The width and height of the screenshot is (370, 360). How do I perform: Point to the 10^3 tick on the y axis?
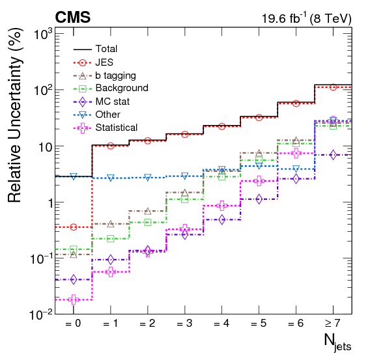pyautogui.click(x=40, y=35)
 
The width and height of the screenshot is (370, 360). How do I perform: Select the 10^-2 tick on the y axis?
pyautogui.click(x=38, y=314)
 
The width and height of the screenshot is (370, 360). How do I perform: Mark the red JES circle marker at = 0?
pyautogui.click(x=74, y=227)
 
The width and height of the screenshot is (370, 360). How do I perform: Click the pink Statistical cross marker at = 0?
pyautogui.click(x=74, y=299)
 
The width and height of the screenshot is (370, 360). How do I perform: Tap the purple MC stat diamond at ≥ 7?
pyautogui.click(x=333, y=155)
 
